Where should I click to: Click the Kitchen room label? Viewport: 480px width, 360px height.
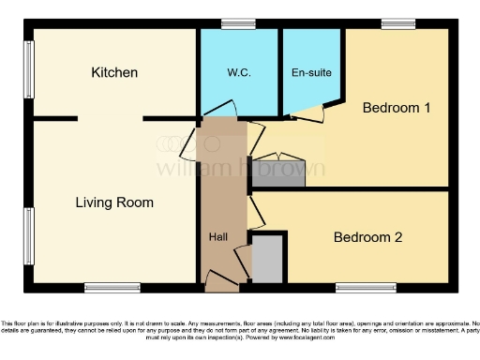tap(114, 72)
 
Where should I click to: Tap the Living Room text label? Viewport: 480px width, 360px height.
tap(114, 202)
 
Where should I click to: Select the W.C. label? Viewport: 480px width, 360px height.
tap(237, 72)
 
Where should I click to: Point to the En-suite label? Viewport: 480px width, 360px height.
tap(311, 72)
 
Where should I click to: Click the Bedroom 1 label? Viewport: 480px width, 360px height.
tap(397, 108)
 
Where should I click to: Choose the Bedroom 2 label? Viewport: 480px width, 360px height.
tap(367, 237)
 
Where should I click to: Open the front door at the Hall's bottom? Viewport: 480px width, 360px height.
tap(222, 278)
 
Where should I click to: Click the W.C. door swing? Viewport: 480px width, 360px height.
tap(223, 111)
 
